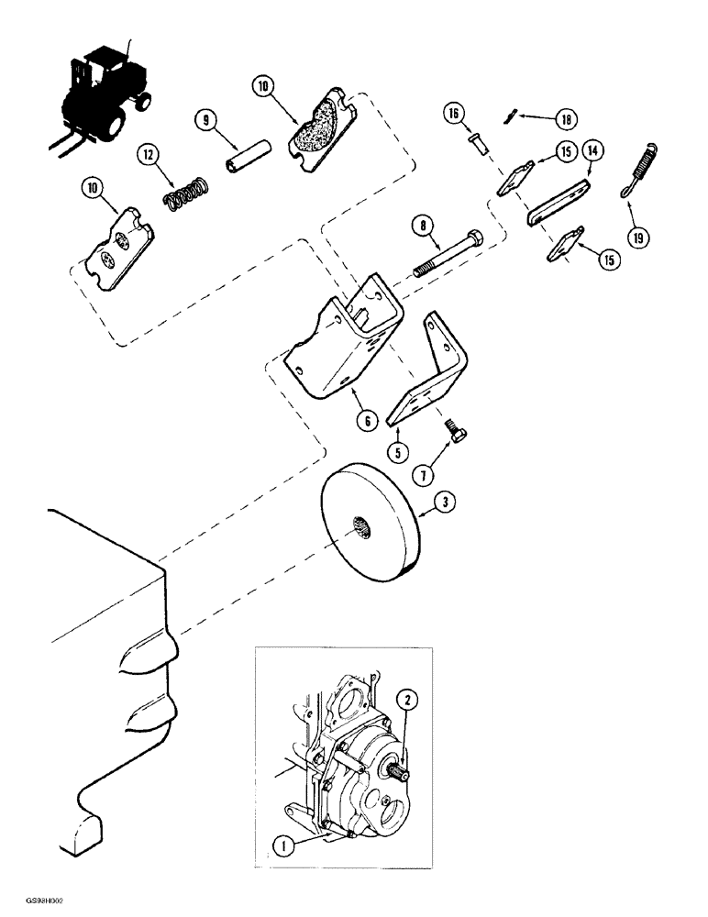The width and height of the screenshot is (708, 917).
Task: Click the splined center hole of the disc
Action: pyautogui.click(x=358, y=526)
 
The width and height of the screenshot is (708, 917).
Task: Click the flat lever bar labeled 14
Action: pyautogui.click(x=559, y=204)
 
